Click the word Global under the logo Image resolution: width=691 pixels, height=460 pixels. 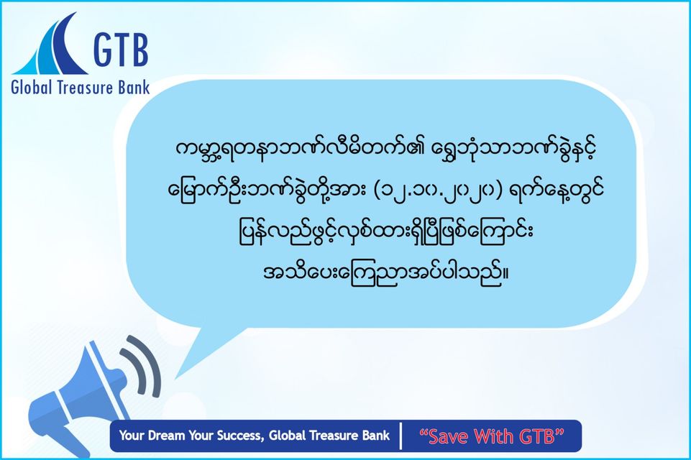[x=32, y=87]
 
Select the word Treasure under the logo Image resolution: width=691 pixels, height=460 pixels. [x=86, y=87]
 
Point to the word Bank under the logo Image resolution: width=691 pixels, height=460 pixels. [x=134, y=87]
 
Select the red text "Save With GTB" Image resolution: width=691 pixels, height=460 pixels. [x=492, y=436]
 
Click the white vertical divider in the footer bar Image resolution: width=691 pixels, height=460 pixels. [x=401, y=436]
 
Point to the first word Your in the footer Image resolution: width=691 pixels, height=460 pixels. [x=132, y=436]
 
